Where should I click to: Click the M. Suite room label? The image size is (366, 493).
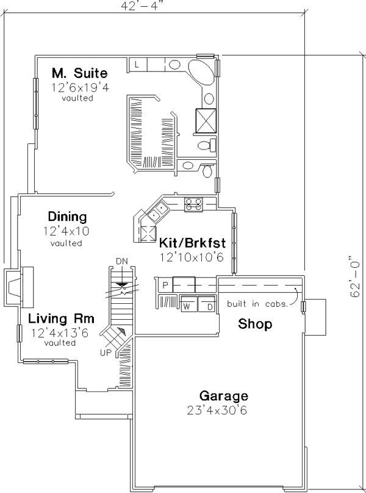tap(79, 73)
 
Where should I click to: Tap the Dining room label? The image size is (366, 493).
tap(67, 217)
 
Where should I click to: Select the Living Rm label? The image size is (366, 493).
tap(61, 318)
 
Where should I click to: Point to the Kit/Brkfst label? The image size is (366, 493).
tap(192, 243)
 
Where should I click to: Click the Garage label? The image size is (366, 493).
tap(223, 396)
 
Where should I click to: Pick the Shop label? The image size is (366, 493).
tap(255, 323)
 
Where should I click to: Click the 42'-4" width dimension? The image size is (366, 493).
tap(143, 6)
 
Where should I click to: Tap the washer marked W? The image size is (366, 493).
tap(188, 303)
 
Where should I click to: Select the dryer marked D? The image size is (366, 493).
tap(206, 303)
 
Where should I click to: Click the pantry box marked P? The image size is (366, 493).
tap(165, 285)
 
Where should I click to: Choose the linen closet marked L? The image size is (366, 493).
tap(137, 65)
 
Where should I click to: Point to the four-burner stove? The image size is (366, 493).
tap(193, 204)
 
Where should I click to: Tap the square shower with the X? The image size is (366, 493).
tap(206, 120)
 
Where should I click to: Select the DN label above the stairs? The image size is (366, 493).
tap(122, 261)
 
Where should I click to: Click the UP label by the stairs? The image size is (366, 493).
tap(106, 353)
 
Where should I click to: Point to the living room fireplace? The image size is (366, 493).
tap(18, 287)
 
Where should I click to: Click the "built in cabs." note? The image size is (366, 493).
tap(257, 304)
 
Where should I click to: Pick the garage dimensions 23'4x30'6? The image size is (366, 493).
tap(217, 410)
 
